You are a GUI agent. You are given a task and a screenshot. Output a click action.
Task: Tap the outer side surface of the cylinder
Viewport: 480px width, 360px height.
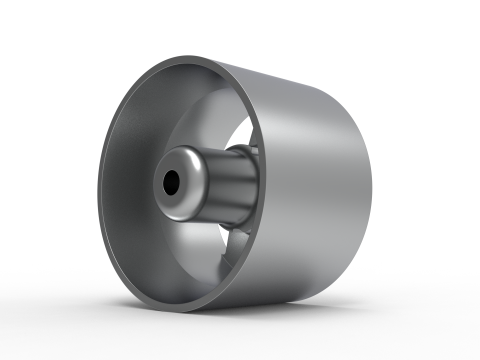[320, 180]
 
